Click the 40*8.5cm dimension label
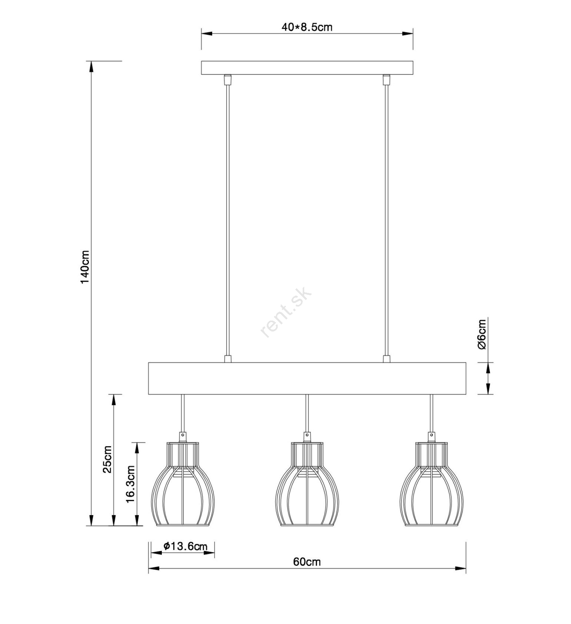point(307,27)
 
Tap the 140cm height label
point(85,267)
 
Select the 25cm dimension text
point(107,459)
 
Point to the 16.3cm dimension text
point(130,484)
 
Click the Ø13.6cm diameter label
point(185,546)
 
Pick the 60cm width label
point(307,562)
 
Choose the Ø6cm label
point(482,334)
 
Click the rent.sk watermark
point(286,312)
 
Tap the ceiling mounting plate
point(307,67)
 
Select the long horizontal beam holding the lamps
point(307,378)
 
